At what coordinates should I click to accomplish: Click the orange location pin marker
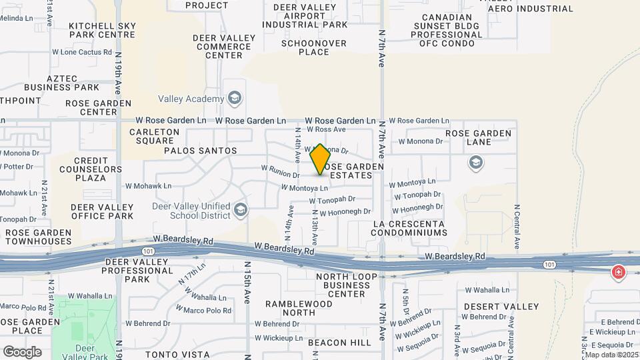click(320, 159)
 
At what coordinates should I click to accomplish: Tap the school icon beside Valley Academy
click(234, 99)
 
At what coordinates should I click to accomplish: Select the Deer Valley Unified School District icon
click(241, 211)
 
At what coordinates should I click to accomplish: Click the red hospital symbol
click(619, 272)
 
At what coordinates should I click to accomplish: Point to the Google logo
click(22, 352)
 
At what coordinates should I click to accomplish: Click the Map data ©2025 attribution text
click(611, 355)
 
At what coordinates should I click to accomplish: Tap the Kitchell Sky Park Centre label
click(103, 30)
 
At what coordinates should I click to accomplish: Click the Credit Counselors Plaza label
click(91, 169)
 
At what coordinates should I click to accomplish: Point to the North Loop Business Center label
click(342, 285)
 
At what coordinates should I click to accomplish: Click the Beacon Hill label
click(340, 343)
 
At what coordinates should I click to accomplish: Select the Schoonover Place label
click(305, 47)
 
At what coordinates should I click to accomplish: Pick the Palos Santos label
click(201, 151)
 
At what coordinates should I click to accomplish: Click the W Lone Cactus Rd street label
click(82, 52)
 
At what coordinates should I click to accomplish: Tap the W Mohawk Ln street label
click(148, 186)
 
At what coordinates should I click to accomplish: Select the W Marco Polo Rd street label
click(208, 311)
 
